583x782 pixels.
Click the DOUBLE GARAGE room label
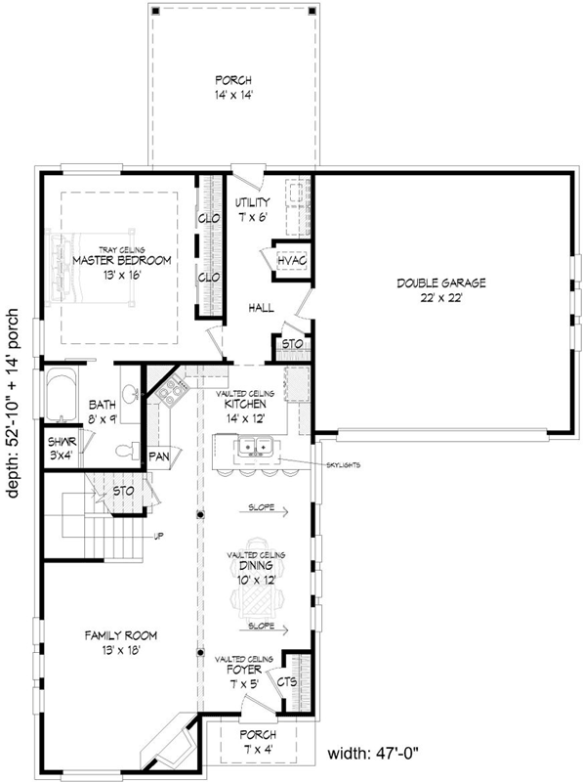pyautogui.click(x=441, y=290)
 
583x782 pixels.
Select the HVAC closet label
pyautogui.click(x=292, y=261)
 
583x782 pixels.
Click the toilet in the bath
pyautogui.click(x=128, y=451)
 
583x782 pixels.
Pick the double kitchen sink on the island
pyautogui.click(x=255, y=446)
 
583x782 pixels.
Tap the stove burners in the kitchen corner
pyautogui.click(x=171, y=391)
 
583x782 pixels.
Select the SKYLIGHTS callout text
pyautogui.click(x=344, y=465)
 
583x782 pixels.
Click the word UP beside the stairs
pyautogui.click(x=159, y=536)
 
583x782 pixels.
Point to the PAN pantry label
pyautogui.click(x=159, y=456)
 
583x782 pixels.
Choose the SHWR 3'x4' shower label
pyautogui.click(x=62, y=449)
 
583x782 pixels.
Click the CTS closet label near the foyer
pyautogui.click(x=287, y=681)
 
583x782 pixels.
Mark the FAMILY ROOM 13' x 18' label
pyautogui.click(x=120, y=642)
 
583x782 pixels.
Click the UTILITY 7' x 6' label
pyautogui.click(x=252, y=209)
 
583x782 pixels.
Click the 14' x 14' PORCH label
pyautogui.click(x=233, y=87)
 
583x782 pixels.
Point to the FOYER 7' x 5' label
pyautogui.click(x=244, y=676)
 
